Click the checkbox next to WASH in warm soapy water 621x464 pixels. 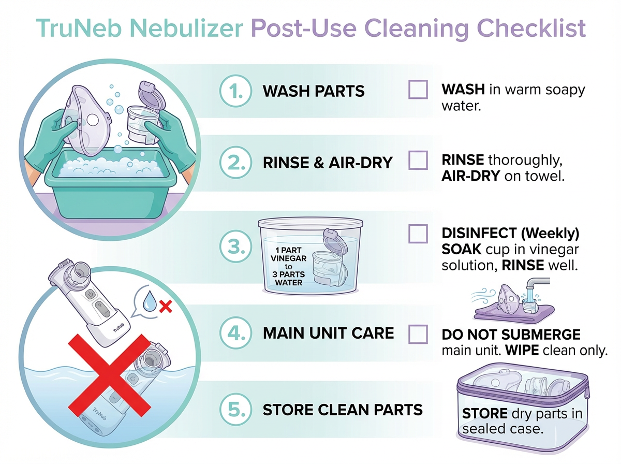[418, 90]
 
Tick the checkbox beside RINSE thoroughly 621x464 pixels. [418, 161]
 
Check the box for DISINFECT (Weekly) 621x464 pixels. [418, 234]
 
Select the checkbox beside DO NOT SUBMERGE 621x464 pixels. [418, 334]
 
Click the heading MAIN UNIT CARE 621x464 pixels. [328, 333]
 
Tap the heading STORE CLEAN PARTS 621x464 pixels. [343, 410]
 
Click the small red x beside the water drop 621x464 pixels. [166, 307]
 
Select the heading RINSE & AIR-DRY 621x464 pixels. [328, 162]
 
